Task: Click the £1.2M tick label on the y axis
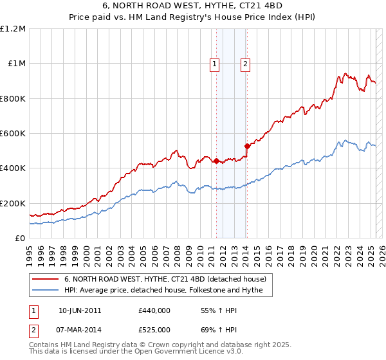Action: pyautogui.click(x=13, y=29)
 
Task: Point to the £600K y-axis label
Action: pyautogui.click(x=13, y=134)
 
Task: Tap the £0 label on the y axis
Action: pyautogui.click(x=21, y=239)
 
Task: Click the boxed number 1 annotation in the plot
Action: pyautogui.click(x=214, y=64)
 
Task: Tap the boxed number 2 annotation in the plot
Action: pyautogui.click(x=246, y=64)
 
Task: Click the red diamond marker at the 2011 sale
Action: pyautogui.click(x=216, y=161)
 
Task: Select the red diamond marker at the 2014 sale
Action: pyautogui.click(x=247, y=147)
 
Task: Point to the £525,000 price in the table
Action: pyautogui.click(x=154, y=329)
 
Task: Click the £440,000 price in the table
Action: pyautogui.click(x=154, y=310)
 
